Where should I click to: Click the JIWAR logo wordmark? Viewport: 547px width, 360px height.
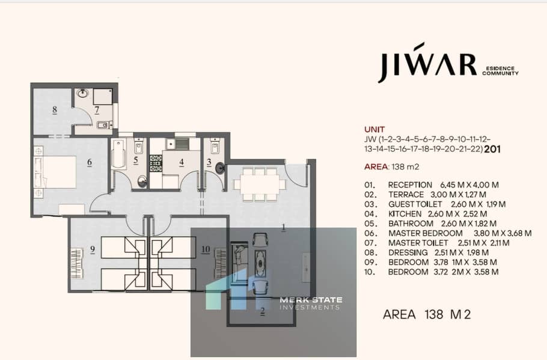pyautogui.click(x=428, y=63)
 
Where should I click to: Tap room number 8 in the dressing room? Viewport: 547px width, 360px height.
pyautogui.click(x=55, y=109)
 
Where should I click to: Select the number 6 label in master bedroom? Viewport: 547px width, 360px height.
pyautogui.click(x=90, y=162)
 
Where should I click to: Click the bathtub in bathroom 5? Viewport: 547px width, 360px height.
pyautogui.click(x=118, y=154)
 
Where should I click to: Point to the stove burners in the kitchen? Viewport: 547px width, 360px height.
pyautogui.click(x=156, y=163)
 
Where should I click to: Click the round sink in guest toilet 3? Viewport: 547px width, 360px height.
pyautogui.click(x=220, y=168)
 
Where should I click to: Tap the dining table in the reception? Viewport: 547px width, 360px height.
pyautogui.click(x=260, y=184)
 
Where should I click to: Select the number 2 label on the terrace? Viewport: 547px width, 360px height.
pyautogui.click(x=262, y=311)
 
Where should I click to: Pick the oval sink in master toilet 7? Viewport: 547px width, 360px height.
pyautogui.click(x=83, y=93)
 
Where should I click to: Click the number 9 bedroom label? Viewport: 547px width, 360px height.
pyautogui.click(x=93, y=250)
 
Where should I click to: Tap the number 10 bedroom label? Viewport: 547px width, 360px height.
pyautogui.click(x=206, y=249)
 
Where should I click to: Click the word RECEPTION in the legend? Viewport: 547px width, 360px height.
pyautogui.click(x=410, y=185)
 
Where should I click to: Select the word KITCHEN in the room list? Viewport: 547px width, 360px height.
pyautogui.click(x=405, y=214)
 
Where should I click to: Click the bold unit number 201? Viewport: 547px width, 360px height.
pyautogui.click(x=492, y=149)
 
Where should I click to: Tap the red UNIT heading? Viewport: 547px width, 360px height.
pyautogui.click(x=374, y=129)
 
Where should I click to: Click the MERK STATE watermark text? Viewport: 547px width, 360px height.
pyautogui.click(x=311, y=300)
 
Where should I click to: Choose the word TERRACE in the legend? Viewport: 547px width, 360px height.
pyautogui.click(x=406, y=195)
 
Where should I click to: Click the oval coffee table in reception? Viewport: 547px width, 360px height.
pyautogui.click(x=260, y=262)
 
